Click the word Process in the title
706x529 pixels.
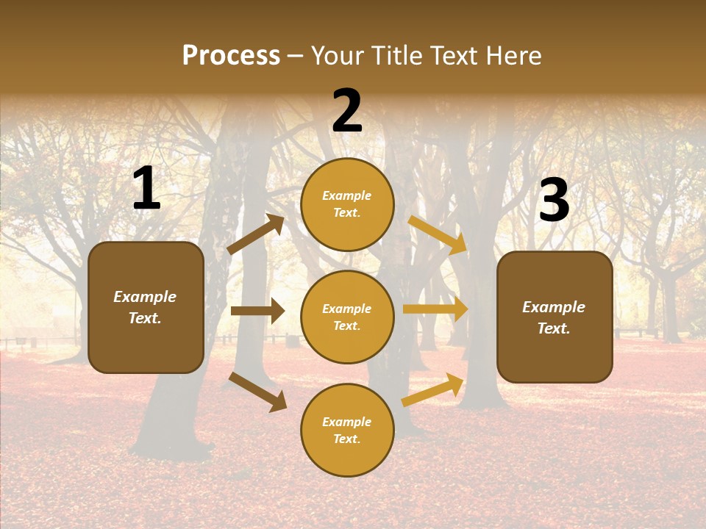point(231,56)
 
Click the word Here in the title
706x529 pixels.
point(514,56)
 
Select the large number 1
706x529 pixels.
point(146,189)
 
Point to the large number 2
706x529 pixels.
point(347,111)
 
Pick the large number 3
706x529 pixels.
point(554,200)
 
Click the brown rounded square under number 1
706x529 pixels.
point(146,307)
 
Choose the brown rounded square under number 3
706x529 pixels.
point(555,317)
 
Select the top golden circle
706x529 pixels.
point(347,204)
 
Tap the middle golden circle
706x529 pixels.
point(347,317)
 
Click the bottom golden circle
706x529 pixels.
point(347,430)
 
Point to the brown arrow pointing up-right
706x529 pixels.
point(256,234)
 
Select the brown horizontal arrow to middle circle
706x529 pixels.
point(257,311)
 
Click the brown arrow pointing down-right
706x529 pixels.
point(257,392)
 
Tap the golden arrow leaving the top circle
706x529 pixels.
point(438,234)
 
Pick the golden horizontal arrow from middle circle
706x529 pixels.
point(435,309)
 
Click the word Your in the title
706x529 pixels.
point(338,56)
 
